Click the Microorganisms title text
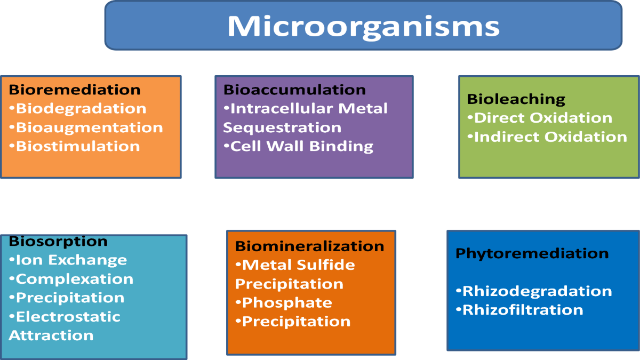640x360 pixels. (363, 27)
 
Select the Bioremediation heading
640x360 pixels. (75, 90)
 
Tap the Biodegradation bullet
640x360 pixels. (78, 109)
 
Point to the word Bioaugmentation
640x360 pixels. (90, 127)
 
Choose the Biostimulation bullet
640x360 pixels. (75, 146)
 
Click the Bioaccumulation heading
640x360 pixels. (294, 90)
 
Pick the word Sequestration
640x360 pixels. (282, 127)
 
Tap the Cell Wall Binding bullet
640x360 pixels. (299, 146)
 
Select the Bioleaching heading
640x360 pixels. (516, 99)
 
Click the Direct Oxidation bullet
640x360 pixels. (540, 118)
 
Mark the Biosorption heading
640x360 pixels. (58, 242)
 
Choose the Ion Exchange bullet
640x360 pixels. (68, 260)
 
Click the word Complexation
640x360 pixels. (75, 279)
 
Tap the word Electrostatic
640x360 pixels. (68, 317)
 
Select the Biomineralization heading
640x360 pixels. (309, 246)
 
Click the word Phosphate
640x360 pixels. (287, 303)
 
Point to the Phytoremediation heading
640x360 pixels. (532, 253)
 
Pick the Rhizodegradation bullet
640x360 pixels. (534, 291)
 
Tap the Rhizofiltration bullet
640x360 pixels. (519, 310)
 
